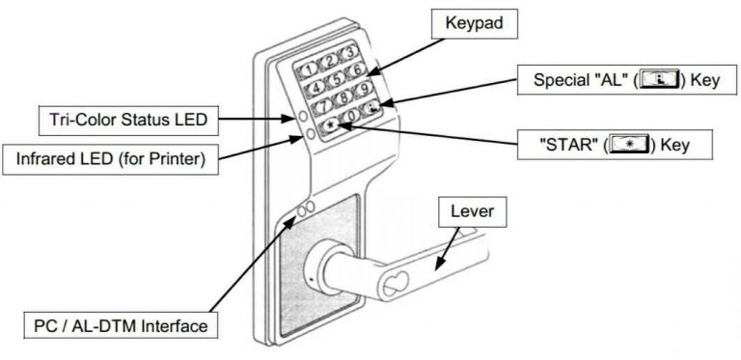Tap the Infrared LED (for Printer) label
coord(109,156)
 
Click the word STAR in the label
coord(568,145)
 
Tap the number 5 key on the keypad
coord(335,78)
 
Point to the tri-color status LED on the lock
coord(303,115)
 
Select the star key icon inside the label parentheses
coord(627,145)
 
